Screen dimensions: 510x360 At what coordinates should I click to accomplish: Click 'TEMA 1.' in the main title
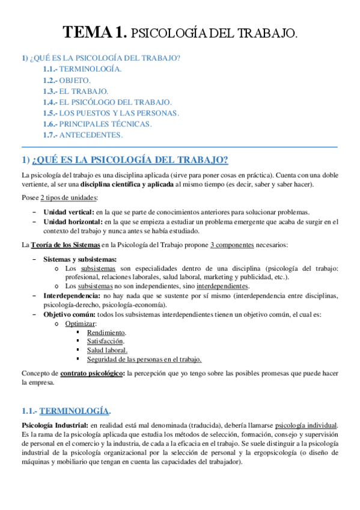click(96, 32)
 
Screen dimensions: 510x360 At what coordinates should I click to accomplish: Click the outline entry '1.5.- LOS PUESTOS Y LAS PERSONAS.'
click(111, 112)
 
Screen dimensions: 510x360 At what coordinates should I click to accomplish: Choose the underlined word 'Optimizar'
click(80, 324)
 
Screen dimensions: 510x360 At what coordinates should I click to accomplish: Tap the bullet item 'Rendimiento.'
click(106, 333)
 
